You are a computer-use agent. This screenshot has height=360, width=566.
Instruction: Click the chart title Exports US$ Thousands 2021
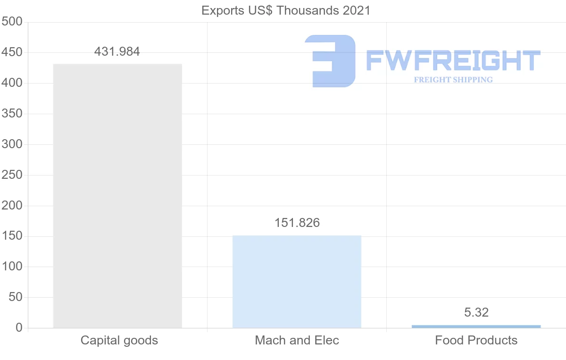(x=286, y=10)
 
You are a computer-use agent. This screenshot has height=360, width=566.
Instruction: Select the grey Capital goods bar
(x=117, y=196)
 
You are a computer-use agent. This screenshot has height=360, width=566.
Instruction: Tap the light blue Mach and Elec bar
(x=297, y=282)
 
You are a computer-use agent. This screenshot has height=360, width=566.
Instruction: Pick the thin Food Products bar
(x=476, y=327)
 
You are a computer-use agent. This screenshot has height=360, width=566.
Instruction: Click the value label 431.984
(x=117, y=51)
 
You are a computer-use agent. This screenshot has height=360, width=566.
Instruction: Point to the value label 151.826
(x=297, y=223)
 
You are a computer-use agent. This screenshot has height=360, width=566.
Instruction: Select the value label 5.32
(x=476, y=312)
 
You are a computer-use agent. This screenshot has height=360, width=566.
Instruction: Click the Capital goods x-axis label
(x=119, y=340)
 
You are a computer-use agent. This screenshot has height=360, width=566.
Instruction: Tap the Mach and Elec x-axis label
(x=297, y=340)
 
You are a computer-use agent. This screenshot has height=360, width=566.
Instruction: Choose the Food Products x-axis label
(x=476, y=340)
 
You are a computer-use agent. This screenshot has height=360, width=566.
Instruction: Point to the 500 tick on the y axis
(x=12, y=22)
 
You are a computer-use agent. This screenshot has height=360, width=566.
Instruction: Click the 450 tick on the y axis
(x=12, y=52)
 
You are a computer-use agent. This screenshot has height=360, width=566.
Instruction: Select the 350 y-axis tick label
(x=12, y=114)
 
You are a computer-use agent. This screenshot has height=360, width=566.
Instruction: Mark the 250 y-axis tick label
(x=12, y=175)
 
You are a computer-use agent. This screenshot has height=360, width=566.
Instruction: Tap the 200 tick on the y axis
(x=12, y=206)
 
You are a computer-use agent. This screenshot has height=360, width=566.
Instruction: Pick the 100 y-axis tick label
(x=12, y=267)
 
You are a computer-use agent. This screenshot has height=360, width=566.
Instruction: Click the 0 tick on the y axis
(x=19, y=328)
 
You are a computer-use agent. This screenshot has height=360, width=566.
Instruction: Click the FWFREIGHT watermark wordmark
(x=453, y=61)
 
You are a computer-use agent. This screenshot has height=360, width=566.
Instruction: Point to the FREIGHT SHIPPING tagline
(x=453, y=80)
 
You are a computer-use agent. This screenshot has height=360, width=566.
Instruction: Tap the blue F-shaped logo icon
(x=330, y=61)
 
